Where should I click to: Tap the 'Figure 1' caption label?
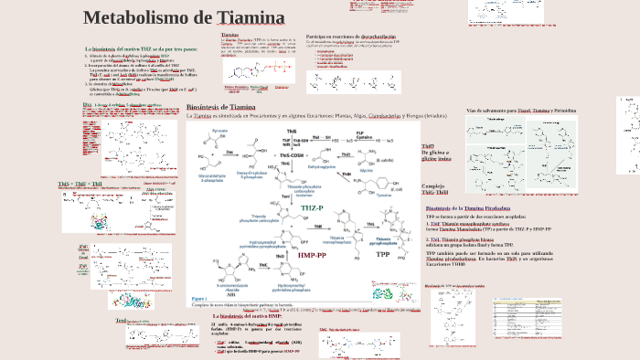click(199, 299)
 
